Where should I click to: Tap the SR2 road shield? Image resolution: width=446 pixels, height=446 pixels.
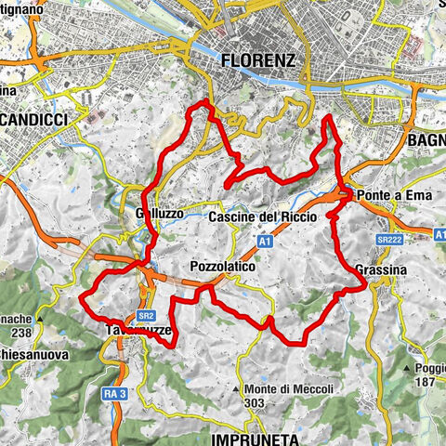(144, 315)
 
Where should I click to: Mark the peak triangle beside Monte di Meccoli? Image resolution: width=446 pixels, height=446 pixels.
(241, 388)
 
